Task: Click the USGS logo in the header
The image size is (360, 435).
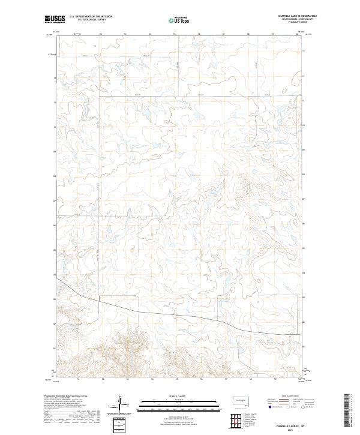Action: tap(55, 20)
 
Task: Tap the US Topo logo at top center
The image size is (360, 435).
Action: tap(179, 20)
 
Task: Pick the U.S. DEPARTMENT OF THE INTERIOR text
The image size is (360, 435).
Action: tap(91, 17)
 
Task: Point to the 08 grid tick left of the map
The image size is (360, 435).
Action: tap(55, 176)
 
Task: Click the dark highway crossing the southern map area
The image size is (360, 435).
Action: tap(180, 316)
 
